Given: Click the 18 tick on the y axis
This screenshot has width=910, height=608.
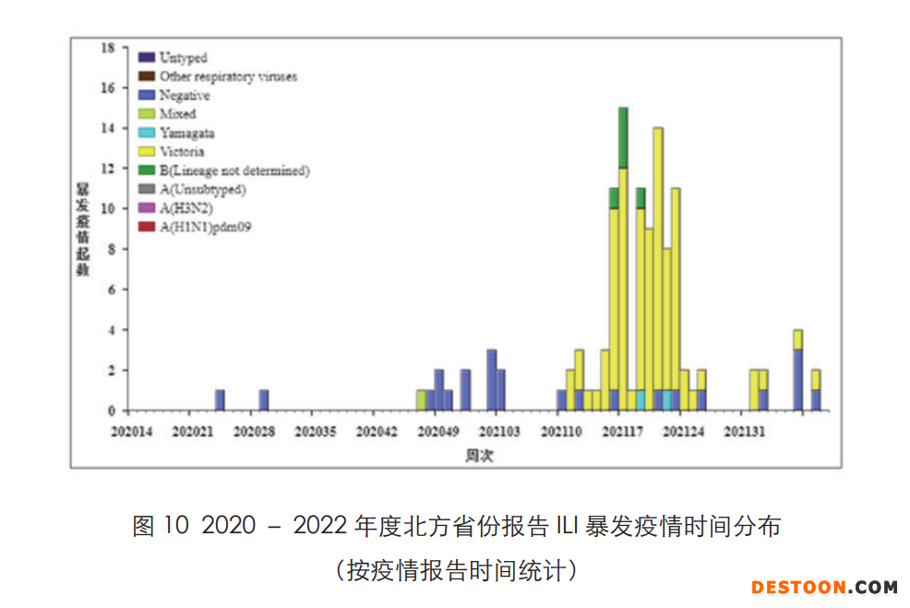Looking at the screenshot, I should point(107,47).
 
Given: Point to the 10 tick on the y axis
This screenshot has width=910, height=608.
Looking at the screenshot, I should point(107,209).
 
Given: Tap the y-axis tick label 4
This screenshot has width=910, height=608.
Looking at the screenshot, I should point(111,330).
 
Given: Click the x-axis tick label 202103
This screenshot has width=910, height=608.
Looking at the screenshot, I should point(498,431).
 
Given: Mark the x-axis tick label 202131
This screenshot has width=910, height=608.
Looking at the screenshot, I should point(744,431).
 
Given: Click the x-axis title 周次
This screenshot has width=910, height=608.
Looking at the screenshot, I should point(480,455).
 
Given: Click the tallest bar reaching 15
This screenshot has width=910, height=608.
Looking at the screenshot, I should point(623,258).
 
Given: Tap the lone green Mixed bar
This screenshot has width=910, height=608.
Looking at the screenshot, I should point(421,400).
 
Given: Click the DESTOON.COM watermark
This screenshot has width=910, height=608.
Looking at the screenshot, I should point(824,587).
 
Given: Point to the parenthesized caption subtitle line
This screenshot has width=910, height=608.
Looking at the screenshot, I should point(456,569).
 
